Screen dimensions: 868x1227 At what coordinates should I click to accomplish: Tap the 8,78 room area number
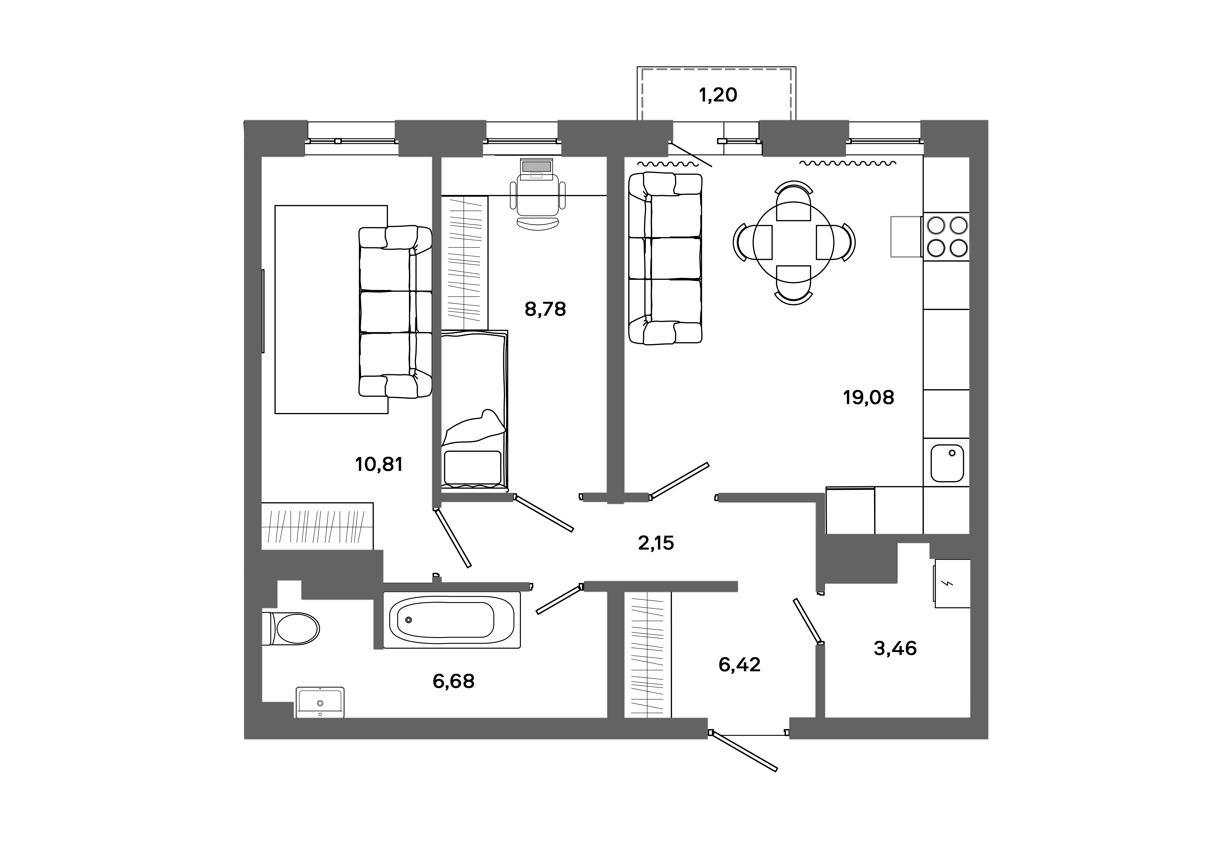(545, 309)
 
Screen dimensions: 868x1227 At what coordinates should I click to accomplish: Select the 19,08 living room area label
(868, 398)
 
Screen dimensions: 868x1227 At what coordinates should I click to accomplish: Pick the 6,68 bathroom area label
(453, 681)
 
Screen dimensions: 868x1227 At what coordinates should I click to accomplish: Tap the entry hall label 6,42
(739, 664)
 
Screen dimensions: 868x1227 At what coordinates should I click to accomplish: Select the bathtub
(452, 620)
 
